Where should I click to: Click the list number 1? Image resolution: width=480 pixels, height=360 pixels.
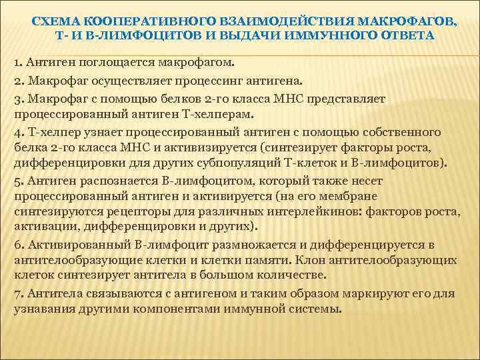pyautogui.click(x=17, y=62)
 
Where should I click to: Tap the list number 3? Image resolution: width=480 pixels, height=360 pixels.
pyautogui.click(x=17, y=99)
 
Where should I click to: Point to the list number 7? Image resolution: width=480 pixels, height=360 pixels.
pyautogui.click(x=17, y=293)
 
